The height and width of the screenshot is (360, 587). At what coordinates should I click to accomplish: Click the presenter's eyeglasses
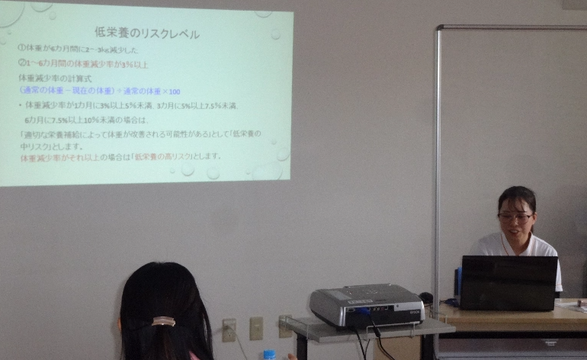pos(515,217)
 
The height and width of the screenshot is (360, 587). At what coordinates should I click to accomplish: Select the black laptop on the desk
pos(508,282)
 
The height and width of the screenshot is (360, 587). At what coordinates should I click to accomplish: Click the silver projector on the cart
pos(366,305)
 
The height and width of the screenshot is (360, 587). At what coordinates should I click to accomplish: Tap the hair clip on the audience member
pos(163,321)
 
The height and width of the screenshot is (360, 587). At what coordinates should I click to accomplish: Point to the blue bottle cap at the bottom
pos(269,354)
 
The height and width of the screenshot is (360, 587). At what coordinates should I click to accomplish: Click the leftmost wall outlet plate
pos(229,330)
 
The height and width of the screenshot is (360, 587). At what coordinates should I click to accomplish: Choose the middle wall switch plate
pos(256,328)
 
